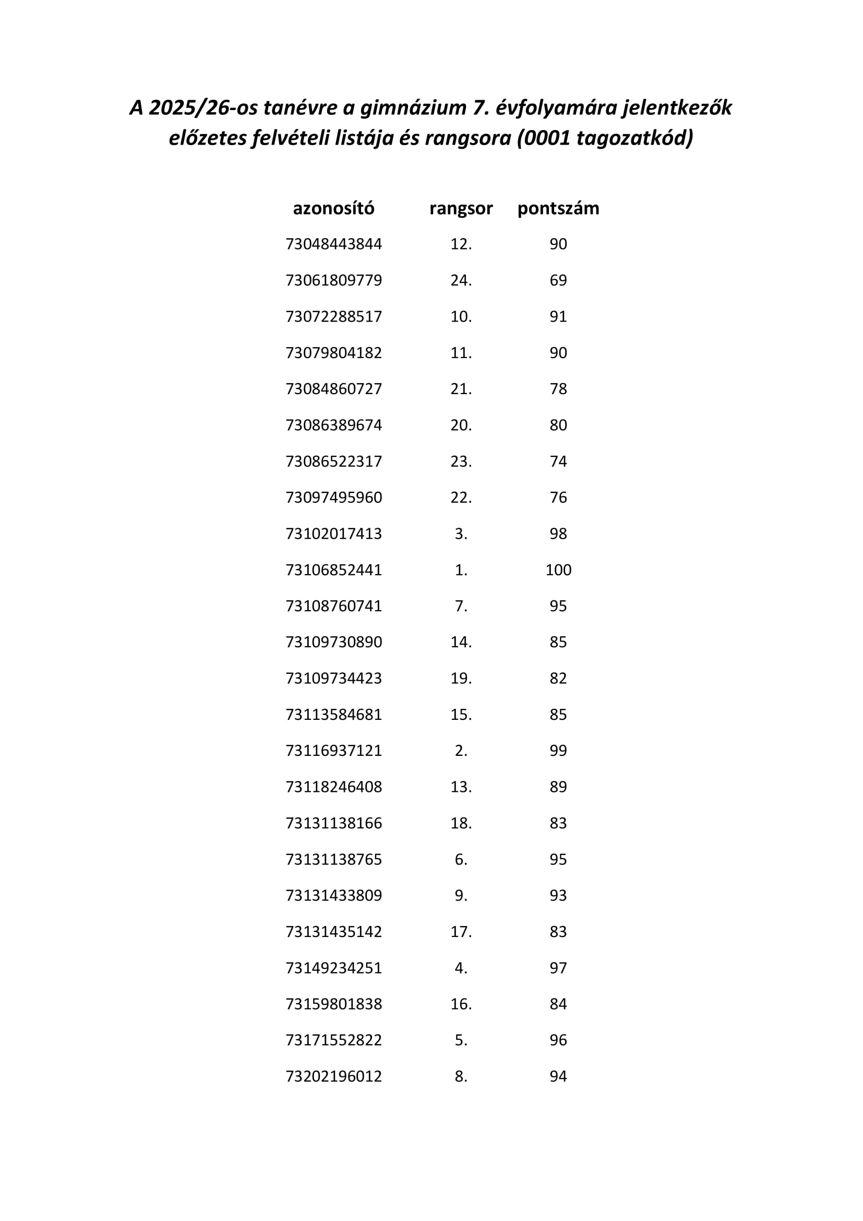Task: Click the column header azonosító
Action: [333, 208]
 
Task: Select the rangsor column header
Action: [461, 208]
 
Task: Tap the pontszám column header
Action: [558, 208]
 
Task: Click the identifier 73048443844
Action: [334, 244]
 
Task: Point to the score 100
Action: [558, 570]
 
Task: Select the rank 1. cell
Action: [461, 570]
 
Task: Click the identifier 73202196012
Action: [334, 1076]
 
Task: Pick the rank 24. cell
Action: [461, 280]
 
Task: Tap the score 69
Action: [558, 280]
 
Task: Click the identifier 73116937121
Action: [334, 750]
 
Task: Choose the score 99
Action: [558, 750]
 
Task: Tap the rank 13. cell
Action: [461, 787]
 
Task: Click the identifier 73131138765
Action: [334, 859]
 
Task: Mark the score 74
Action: [558, 461]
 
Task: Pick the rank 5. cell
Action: [461, 1040]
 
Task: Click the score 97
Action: [558, 967]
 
